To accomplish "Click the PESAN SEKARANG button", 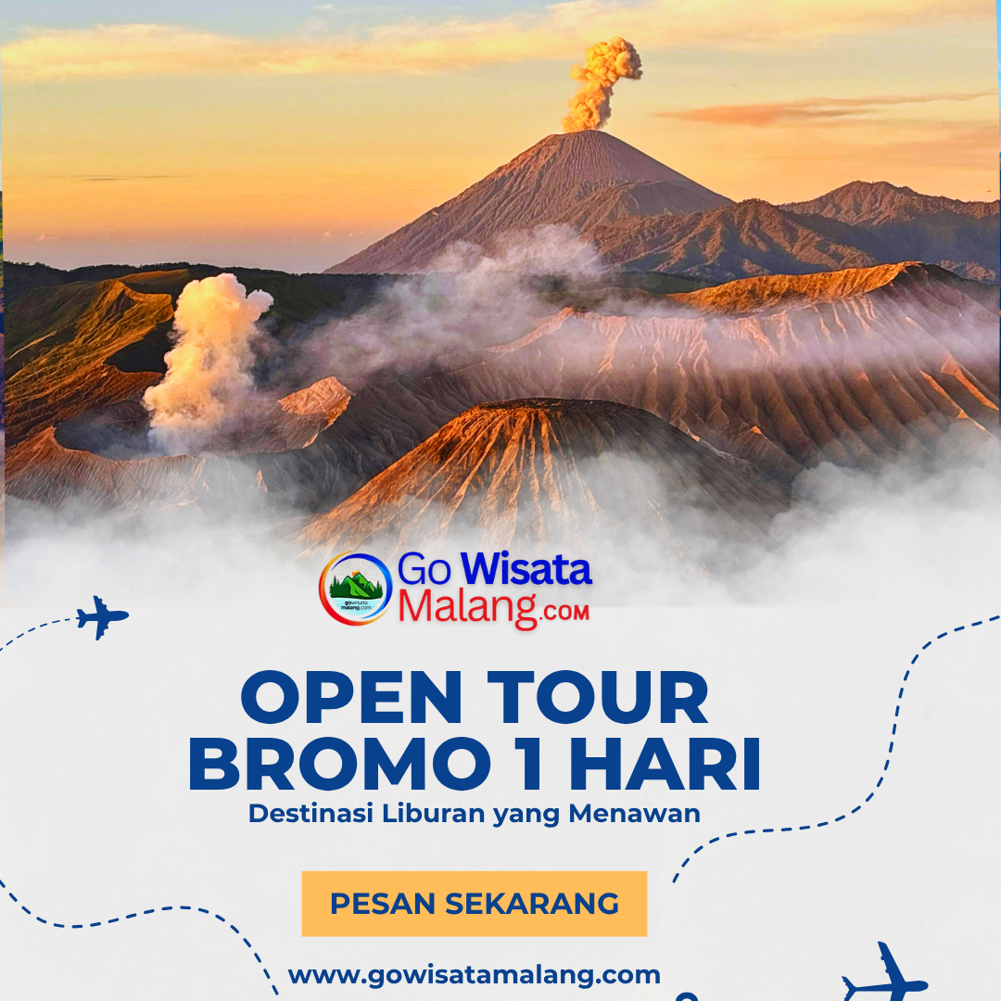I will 474,904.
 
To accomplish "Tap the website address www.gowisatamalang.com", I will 474,975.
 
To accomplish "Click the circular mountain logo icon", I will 355,588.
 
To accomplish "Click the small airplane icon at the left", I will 102,616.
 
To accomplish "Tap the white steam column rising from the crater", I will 208,361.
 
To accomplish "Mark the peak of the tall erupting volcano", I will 580,135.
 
